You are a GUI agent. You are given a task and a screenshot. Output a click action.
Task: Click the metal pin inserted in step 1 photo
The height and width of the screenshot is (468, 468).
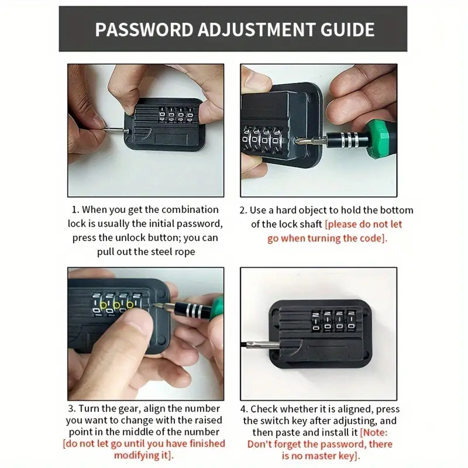coord(112,130)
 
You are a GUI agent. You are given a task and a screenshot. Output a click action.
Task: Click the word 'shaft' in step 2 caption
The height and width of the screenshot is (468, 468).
coord(309,224)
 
